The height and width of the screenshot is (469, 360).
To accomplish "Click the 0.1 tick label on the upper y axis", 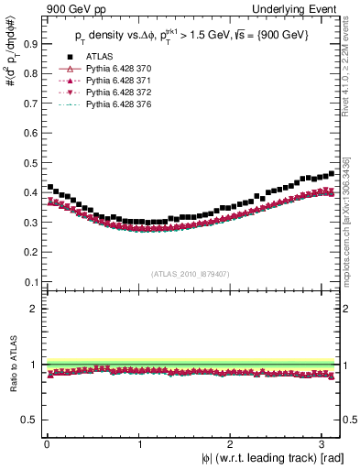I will coord(29,282).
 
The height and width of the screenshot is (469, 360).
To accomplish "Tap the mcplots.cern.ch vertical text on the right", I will coord(352,229).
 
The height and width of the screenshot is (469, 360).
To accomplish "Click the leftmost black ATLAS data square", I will coord(50,187).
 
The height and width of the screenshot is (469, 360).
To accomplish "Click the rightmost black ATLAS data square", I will coord(331,173).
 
